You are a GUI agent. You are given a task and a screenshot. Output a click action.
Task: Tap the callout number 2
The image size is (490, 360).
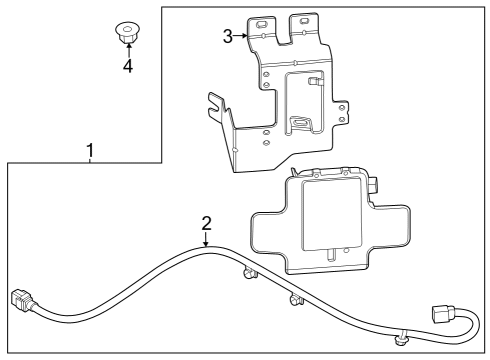click(205, 223)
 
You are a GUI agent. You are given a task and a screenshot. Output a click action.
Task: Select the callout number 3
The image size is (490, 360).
click(228, 36)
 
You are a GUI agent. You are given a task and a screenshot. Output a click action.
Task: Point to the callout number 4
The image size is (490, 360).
click(127, 67)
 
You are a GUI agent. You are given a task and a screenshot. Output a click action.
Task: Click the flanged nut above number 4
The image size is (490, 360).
click(127, 32)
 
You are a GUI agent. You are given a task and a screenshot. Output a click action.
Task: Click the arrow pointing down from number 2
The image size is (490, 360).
click(205, 239)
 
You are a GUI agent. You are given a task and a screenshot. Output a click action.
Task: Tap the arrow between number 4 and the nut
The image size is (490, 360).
click(127, 50)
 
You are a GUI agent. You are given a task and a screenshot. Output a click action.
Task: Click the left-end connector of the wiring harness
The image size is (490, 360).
click(22, 300)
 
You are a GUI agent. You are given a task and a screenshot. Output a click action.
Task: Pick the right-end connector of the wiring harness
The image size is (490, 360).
click(443, 317)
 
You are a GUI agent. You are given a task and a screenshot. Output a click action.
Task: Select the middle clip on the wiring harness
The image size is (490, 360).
click(295, 299)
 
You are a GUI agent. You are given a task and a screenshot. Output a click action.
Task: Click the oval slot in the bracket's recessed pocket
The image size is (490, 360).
click(296, 123)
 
